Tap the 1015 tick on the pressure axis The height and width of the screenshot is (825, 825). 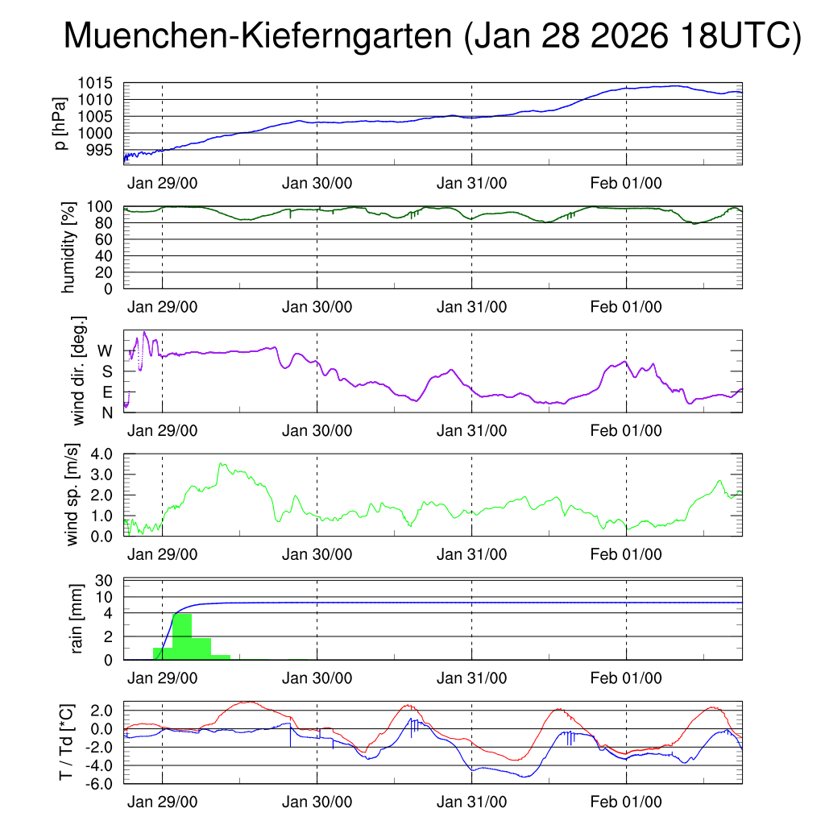[x=99, y=83]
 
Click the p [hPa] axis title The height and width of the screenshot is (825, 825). [x=61, y=123]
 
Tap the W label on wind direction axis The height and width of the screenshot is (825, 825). [x=106, y=350]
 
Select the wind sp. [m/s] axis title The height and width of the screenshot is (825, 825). [x=74, y=495]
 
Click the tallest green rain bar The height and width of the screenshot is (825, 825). [x=182, y=636]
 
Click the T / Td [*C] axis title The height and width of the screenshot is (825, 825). [x=66, y=742]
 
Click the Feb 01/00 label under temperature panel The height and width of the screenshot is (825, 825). [x=626, y=802]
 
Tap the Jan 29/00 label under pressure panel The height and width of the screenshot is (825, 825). [x=162, y=183]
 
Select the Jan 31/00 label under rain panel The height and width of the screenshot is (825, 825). [x=471, y=678]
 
